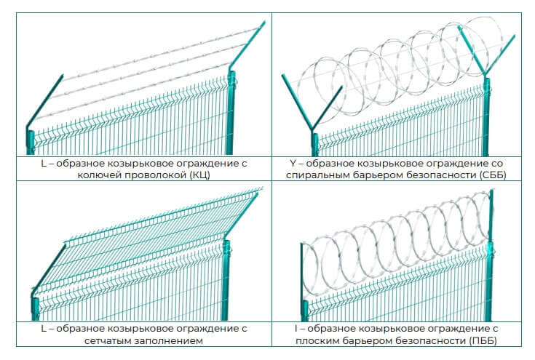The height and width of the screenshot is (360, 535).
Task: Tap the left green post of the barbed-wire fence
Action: (x=31, y=138)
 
